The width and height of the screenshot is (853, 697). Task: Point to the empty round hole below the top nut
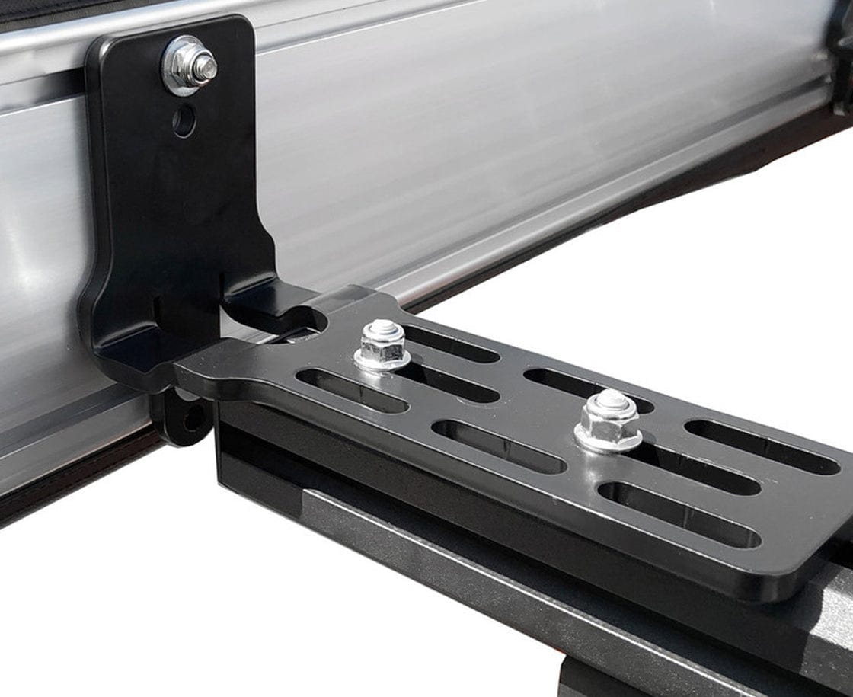tap(184, 120)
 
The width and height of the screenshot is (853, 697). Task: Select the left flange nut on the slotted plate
tap(382, 347)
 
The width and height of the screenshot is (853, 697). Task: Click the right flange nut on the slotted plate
tap(608, 423)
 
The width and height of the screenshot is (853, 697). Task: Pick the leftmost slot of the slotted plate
tap(351, 390)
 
